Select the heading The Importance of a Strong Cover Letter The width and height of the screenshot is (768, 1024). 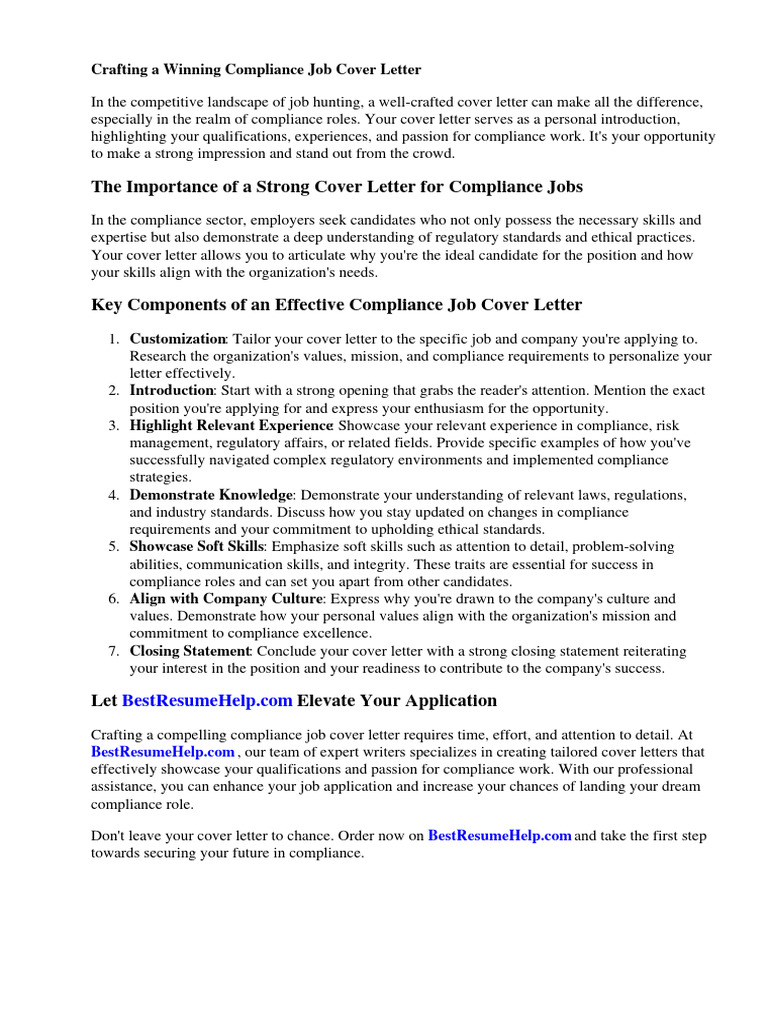click(337, 187)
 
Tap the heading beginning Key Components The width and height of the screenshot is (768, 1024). click(336, 304)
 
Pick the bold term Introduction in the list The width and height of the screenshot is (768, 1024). click(172, 390)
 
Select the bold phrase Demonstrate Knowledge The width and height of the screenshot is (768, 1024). click(211, 495)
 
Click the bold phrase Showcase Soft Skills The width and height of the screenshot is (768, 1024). click(196, 547)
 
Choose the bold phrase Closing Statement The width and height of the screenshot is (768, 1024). click(190, 651)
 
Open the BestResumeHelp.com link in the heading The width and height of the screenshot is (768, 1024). click(207, 700)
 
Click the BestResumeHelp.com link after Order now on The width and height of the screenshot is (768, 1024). click(500, 836)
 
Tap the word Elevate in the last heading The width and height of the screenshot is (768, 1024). click(331, 700)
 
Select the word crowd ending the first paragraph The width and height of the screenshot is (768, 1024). click(429, 154)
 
